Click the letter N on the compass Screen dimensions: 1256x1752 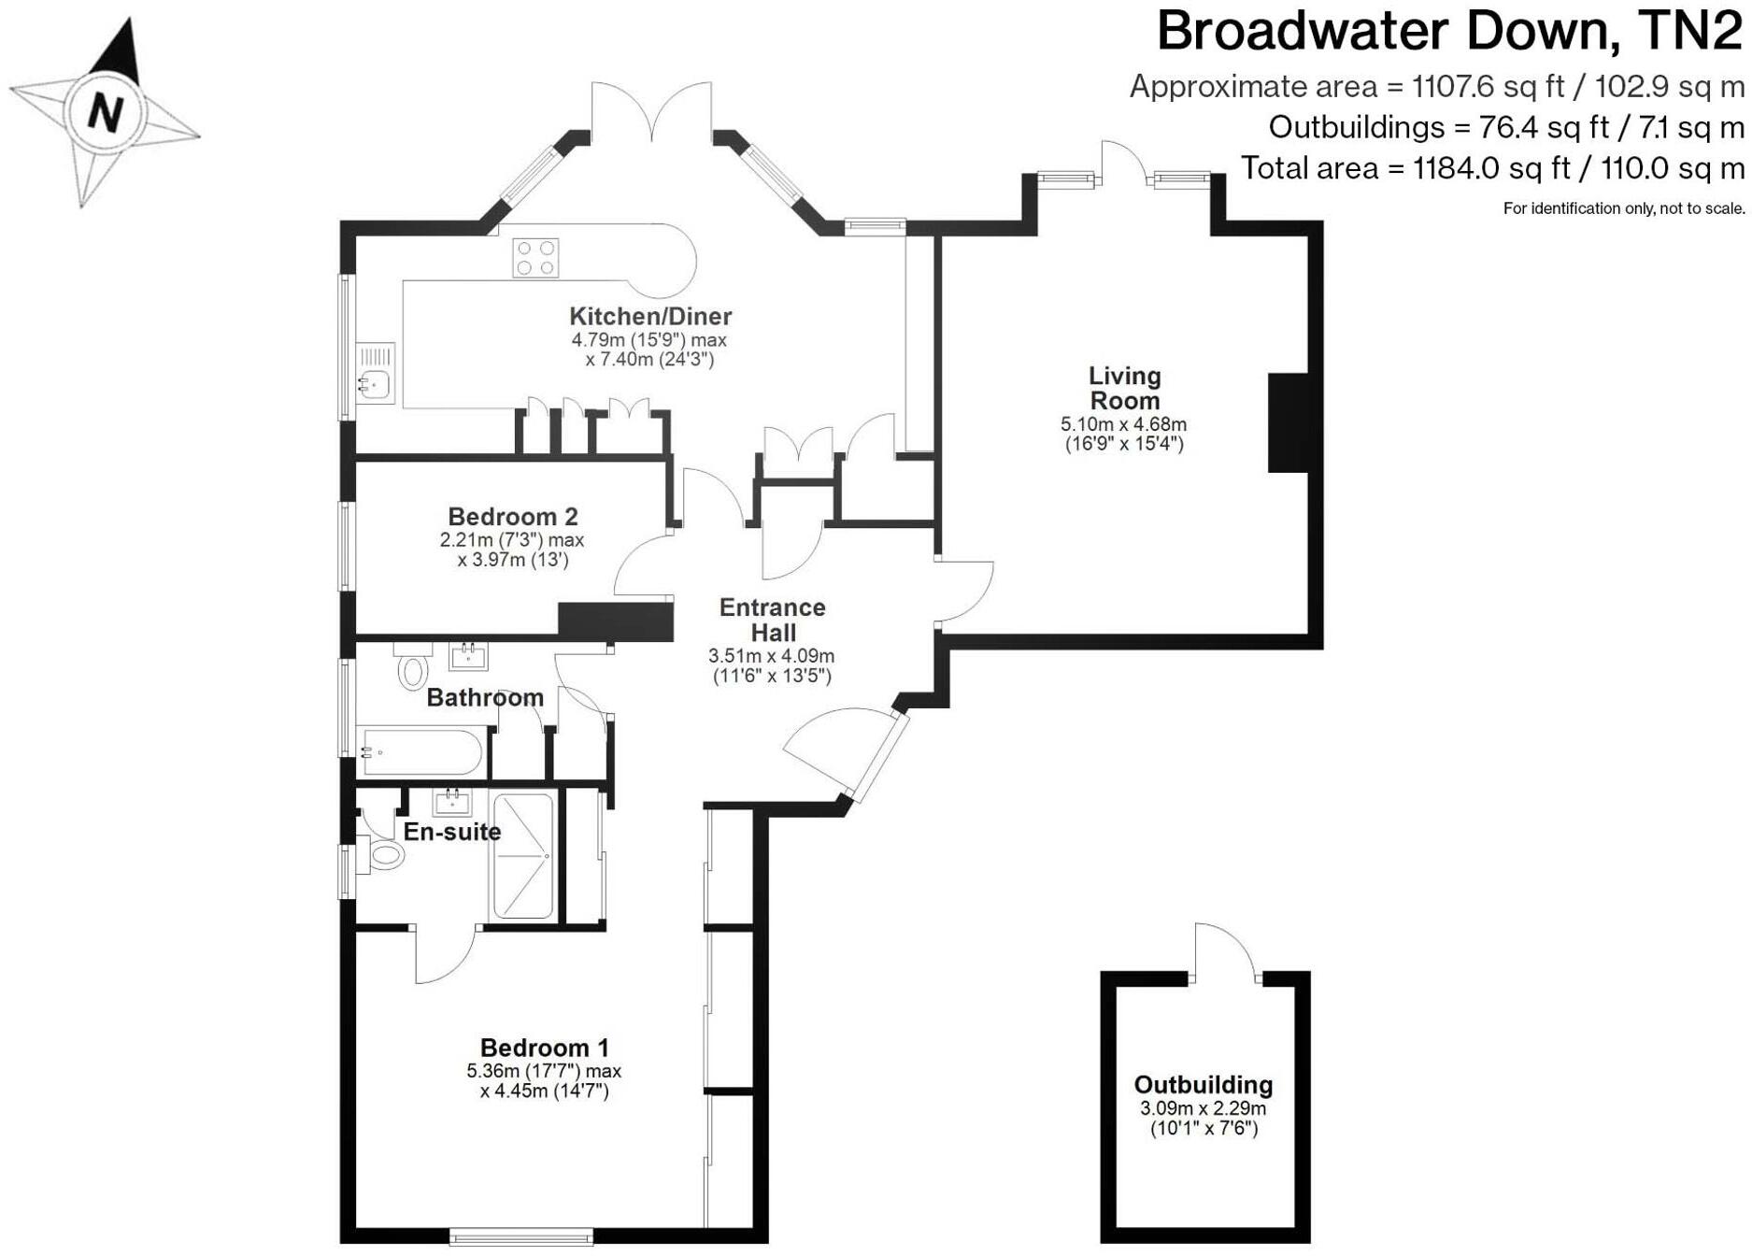click(x=105, y=112)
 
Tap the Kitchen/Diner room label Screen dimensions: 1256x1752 click(x=650, y=316)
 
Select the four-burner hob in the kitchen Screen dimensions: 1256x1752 click(x=536, y=258)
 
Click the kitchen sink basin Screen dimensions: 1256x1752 click(x=376, y=384)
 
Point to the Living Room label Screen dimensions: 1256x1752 click(x=1124, y=388)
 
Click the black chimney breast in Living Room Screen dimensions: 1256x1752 click(x=1288, y=422)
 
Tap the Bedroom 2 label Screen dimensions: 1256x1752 click(x=512, y=516)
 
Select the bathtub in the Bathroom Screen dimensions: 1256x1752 click(x=420, y=751)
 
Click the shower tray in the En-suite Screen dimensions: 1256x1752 click(x=523, y=855)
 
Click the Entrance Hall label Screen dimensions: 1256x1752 click(x=772, y=620)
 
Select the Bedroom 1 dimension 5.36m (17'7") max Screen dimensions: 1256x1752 click(x=544, y=1071)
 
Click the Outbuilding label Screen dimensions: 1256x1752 click(x=1203, y=1084)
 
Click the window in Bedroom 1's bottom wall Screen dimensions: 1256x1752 click(x=520, y=1235)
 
